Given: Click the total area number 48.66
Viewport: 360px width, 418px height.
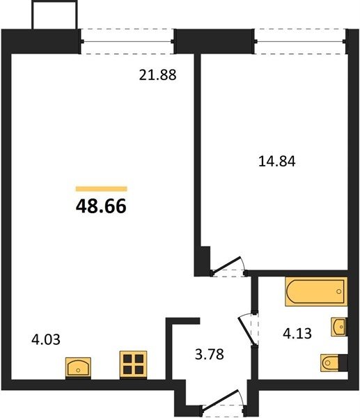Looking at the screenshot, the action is tap(101, 207).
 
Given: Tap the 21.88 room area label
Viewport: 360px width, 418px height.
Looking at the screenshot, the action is tap(158, 75).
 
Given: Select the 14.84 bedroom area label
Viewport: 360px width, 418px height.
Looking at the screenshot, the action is tap(277, 162).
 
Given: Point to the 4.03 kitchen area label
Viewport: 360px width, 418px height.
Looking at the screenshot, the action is tap(45, 340).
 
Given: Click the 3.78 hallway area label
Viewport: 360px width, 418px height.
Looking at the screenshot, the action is tap(210, 355).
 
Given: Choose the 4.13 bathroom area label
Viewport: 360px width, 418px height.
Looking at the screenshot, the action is tap(297, 334).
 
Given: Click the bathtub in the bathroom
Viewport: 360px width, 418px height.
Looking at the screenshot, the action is tap(316, 291).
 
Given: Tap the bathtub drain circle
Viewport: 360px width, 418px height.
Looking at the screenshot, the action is tap(339, 291).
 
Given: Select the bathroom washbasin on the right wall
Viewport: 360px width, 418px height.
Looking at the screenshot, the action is tap(339, 327).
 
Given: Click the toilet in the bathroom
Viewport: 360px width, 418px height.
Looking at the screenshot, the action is tap(334, 362).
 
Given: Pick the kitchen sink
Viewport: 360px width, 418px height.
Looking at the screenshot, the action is tap(78, 368).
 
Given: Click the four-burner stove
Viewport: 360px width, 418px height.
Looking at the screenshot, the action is tap(133, 364).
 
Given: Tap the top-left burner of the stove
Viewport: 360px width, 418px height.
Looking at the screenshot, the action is tap(127, 359).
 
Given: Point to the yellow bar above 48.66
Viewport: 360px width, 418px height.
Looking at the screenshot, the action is tap(101, 189).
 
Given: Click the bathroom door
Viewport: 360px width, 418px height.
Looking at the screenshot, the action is tap(247, 330).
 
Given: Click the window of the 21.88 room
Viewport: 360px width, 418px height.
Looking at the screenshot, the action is tap(127, 41).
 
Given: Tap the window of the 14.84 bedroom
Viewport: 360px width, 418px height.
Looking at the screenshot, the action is tap(300, 41).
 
